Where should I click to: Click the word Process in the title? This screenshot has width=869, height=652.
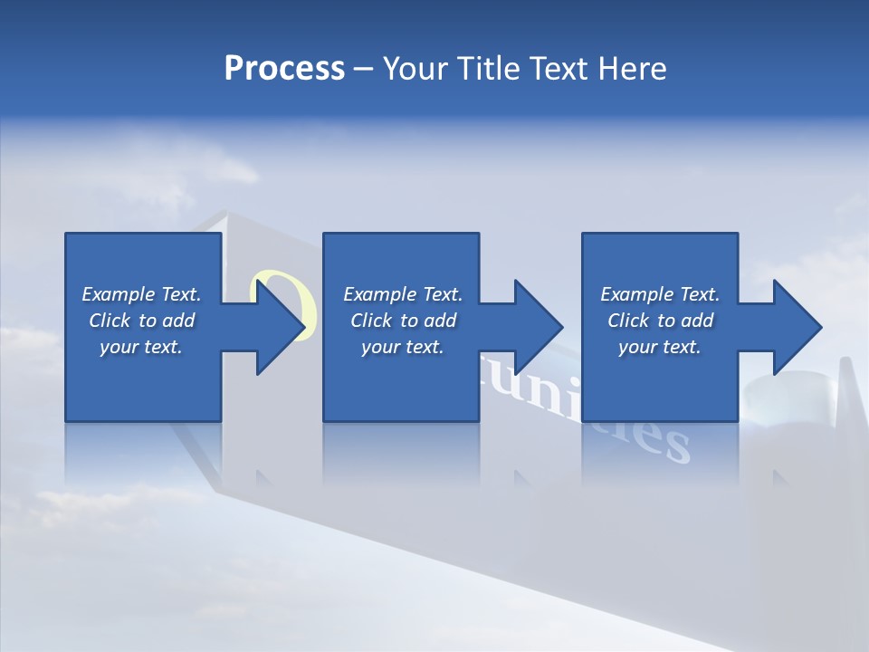284,69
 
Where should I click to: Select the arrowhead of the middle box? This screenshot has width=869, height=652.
537,327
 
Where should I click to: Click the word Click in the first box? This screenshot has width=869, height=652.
109,321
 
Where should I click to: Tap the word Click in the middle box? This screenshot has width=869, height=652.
370,321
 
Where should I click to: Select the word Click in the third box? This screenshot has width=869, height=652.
627,321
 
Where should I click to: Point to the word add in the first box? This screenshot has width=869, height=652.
178,321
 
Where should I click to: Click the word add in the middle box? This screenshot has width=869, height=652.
440,321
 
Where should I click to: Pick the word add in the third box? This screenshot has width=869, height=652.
697,321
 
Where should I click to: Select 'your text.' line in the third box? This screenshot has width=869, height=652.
659,347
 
